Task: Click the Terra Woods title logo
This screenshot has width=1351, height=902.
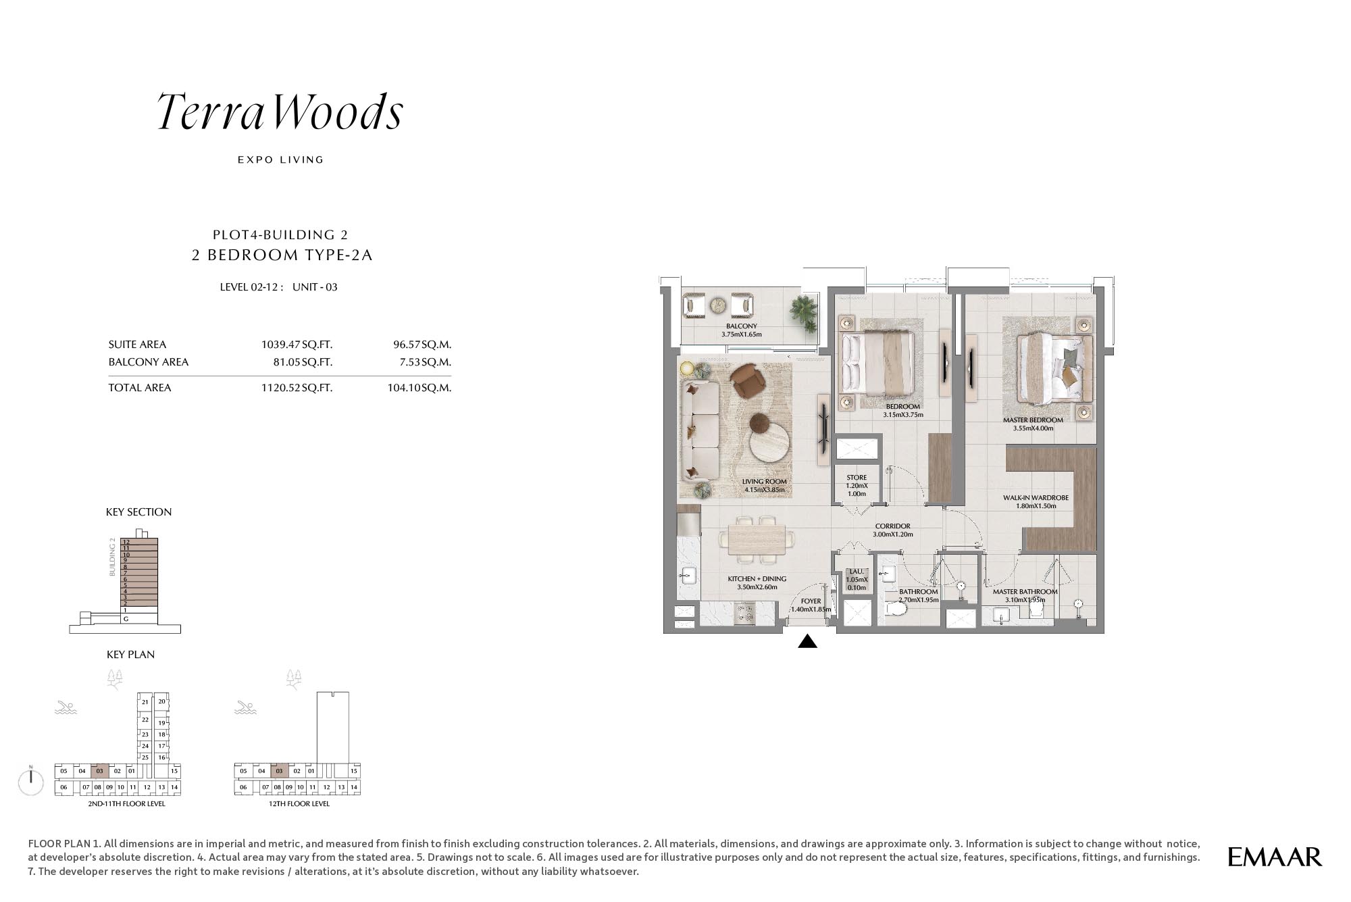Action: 280,111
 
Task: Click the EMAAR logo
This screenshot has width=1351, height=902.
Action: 1275,857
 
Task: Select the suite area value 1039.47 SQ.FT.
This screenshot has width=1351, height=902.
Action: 297,345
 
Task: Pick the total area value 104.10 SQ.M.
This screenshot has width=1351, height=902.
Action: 419,388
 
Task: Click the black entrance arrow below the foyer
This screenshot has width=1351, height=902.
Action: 807,641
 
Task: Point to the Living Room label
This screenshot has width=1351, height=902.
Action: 764,482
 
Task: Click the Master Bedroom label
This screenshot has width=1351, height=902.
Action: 1033,420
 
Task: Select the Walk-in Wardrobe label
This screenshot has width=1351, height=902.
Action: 1036,498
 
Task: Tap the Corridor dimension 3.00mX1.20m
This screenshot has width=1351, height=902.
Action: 892,534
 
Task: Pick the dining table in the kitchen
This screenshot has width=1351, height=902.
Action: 757,540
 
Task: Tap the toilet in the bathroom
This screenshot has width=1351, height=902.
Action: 895,609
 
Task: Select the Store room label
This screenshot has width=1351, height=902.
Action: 857,478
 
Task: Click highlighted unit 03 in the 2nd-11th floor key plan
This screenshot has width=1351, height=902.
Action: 99,771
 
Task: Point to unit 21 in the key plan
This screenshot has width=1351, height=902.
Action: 145,702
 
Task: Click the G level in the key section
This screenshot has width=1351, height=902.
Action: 126,619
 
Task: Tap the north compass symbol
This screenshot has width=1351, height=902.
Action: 31,782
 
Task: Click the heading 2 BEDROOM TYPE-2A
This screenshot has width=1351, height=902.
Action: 282,255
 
